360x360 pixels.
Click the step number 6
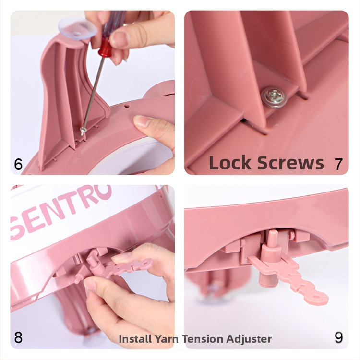coord(18,164)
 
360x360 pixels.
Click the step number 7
coord(338,164)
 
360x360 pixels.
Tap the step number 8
coord(18,337)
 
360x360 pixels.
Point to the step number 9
coord(339,337)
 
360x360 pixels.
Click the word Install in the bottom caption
coord(135,339)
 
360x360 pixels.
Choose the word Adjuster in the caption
coord(249,339)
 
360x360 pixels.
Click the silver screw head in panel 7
coord(275,97)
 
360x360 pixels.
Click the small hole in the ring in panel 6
coord(126,106)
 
